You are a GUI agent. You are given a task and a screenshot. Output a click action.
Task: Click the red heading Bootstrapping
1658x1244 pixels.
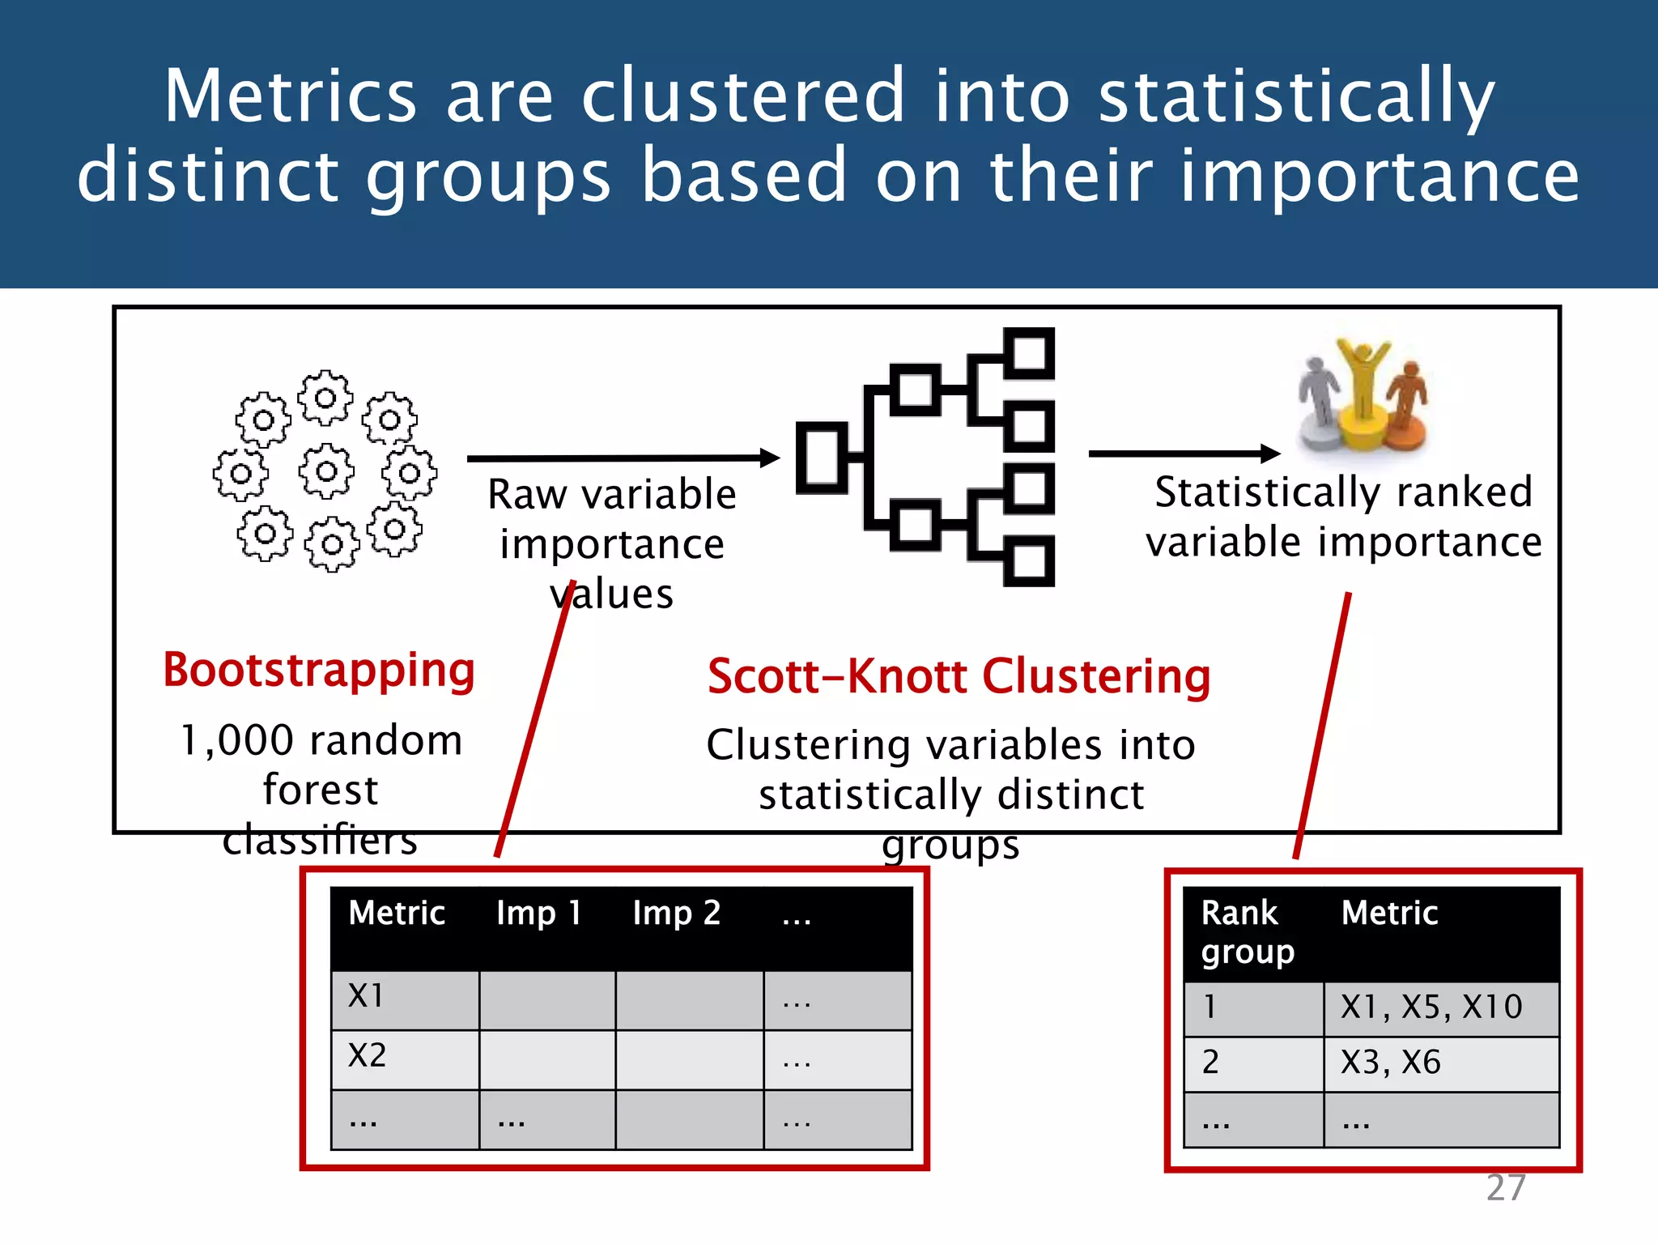319,671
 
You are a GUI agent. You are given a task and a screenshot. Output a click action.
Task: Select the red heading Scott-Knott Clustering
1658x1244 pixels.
959,676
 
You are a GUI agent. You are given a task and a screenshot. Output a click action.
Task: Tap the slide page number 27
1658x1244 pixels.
1506,1188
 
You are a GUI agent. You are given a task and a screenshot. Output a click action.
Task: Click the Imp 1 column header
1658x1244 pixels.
539,914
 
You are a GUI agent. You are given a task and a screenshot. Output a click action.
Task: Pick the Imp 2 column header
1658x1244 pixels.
677,914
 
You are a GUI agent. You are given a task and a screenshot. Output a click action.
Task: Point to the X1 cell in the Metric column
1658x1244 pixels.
366,996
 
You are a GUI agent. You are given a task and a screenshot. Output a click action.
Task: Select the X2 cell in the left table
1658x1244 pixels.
368,1056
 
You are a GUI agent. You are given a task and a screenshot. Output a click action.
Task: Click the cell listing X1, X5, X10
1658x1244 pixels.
1431,1008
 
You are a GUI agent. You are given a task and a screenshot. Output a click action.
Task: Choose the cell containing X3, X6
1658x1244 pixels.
1391,1063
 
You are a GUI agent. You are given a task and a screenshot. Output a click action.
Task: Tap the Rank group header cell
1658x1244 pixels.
1248,933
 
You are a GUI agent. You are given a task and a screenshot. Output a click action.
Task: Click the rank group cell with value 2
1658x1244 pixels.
1211,1063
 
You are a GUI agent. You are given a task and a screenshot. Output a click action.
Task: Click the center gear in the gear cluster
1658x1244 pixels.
326,471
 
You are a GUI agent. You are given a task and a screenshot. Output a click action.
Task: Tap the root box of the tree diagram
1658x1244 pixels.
822,458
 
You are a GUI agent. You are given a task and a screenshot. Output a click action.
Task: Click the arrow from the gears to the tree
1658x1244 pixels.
623,458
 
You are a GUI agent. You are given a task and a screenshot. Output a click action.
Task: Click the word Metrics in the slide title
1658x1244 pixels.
290,96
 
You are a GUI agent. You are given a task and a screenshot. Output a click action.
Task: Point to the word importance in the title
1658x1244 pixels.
1379,176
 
